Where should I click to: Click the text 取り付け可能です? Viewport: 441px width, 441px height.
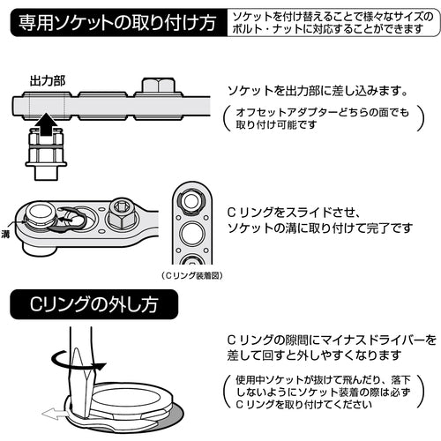pyautogui.click(x=275, y=125)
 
